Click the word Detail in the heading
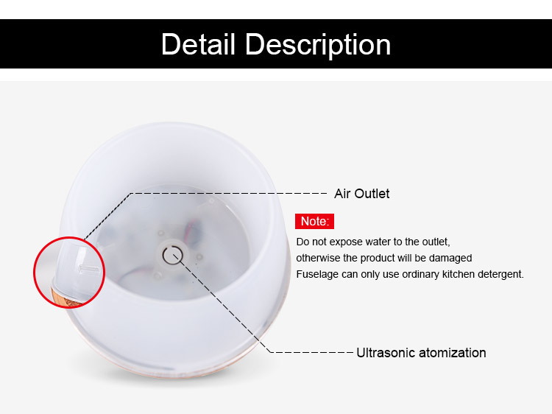coord(198,44)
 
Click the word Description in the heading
coord(318,45)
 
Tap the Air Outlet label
coord(361,194)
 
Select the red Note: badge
coord(314,221)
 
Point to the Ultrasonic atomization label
coord(421,352)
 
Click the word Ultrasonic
coord(386,352)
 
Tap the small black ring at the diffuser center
coord(172,255)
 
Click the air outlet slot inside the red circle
coord(89,269)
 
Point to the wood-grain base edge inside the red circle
coord(65,298)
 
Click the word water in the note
coord(375,242)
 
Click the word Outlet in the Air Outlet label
coord(372,194)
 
